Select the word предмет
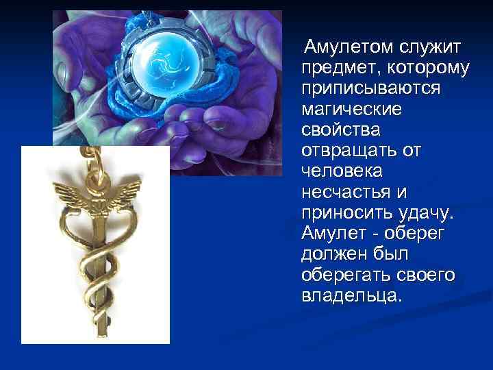click(340, 68)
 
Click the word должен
click(332, 255)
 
